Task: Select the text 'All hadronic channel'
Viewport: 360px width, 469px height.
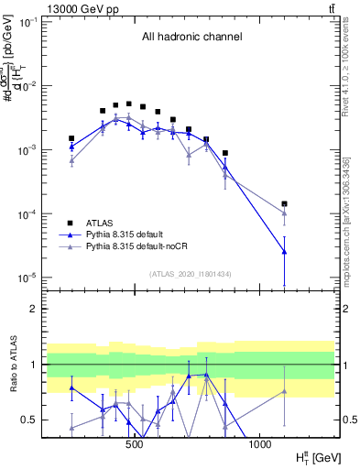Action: coord(191,38)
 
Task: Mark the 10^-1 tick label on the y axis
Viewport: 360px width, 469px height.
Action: coord(30,21)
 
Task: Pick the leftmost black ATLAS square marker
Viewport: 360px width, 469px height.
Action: coord(71,138)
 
